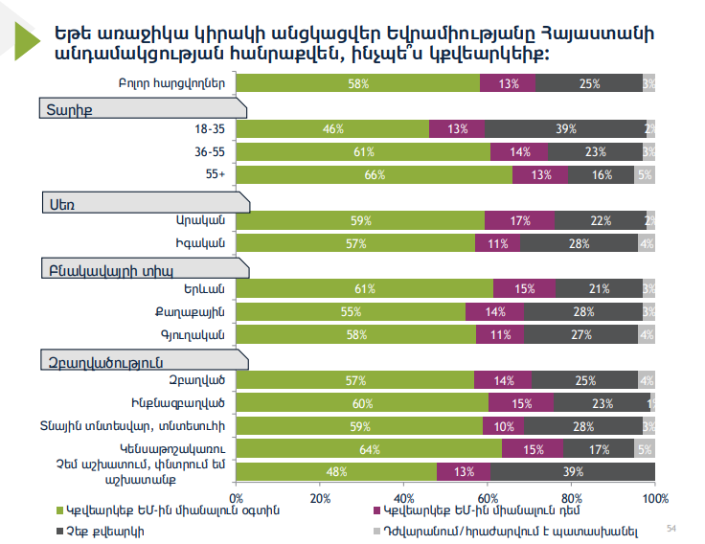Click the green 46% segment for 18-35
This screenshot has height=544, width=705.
point(333,129)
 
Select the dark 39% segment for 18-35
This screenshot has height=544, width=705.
point(565,129)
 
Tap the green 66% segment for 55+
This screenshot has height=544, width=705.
point(375,175)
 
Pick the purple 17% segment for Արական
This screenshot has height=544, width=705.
point(520,221)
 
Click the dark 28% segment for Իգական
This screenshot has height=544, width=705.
point(579,243)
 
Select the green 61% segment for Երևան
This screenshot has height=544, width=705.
point(364,289)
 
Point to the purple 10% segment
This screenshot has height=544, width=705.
point(504,425)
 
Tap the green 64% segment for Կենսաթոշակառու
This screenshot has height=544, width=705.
point(370,448)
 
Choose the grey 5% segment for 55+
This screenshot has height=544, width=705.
point(645,175)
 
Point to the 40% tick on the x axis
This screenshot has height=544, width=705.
point(404,498)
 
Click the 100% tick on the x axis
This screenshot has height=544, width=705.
point(655,498)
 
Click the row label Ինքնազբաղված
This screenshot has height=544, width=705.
point(176,403)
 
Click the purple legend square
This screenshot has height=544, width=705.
point(375,511)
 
